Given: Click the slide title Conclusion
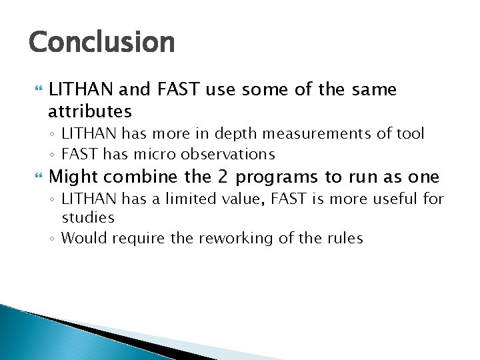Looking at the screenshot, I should pos(101,42).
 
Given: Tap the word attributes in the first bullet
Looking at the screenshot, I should pos(90,110).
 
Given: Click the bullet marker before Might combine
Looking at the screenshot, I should pos(37,177).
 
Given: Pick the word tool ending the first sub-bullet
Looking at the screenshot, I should pos(409,134).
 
